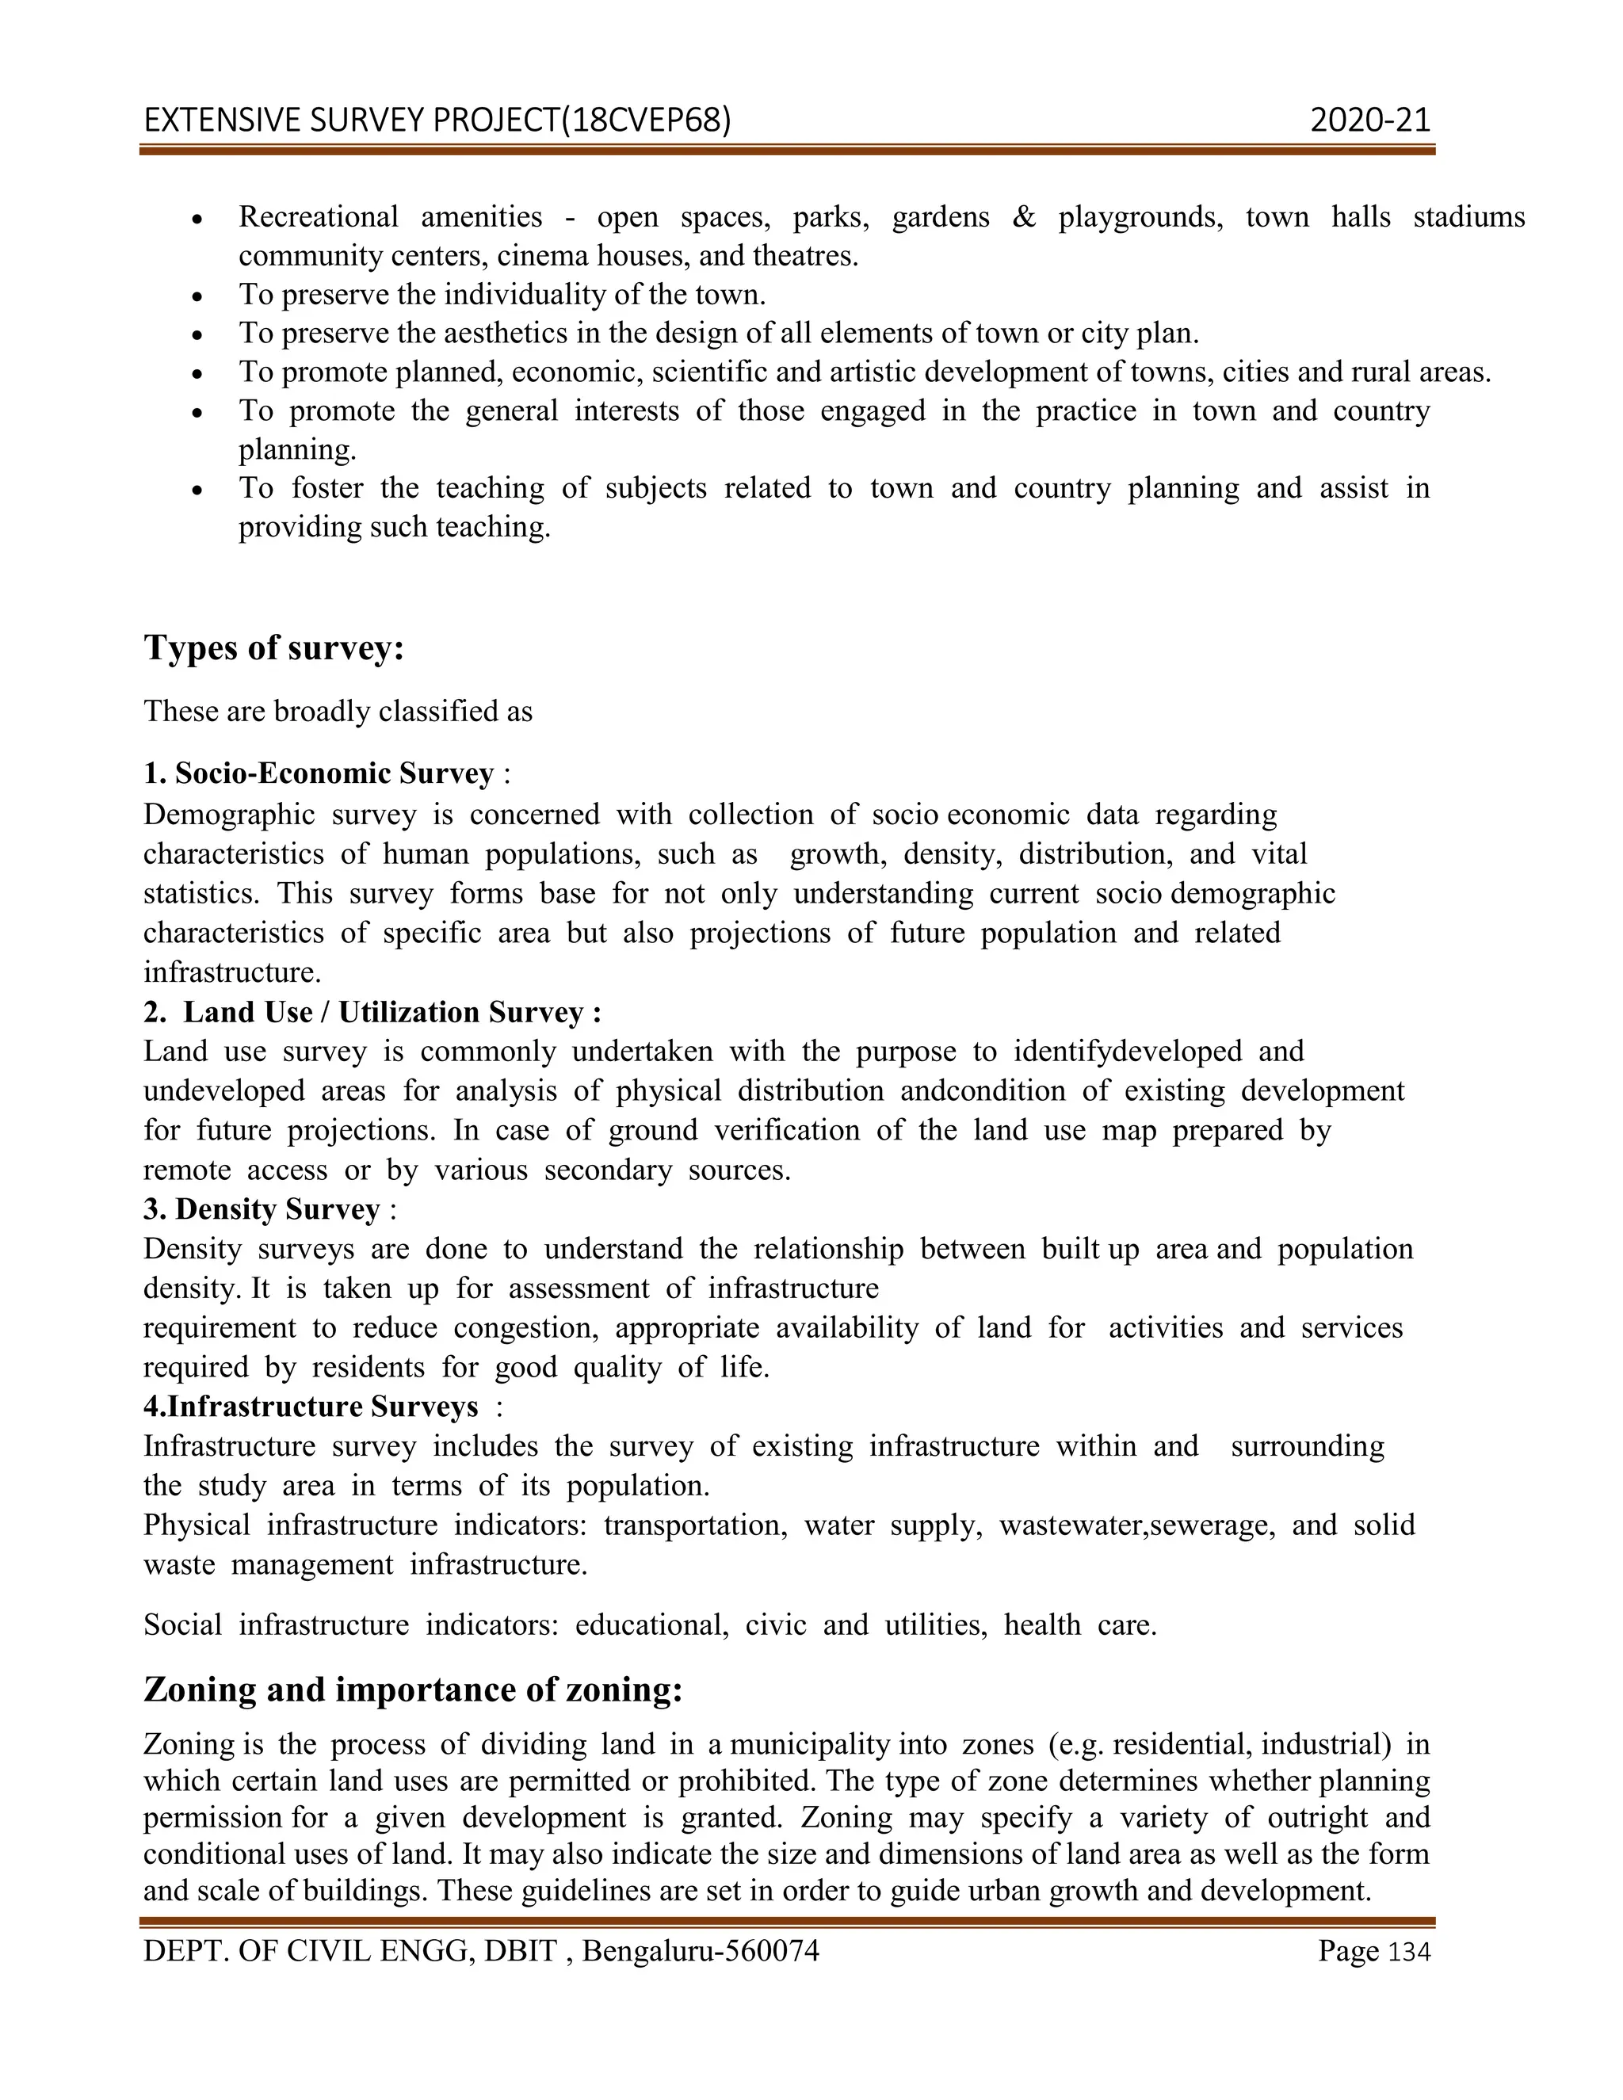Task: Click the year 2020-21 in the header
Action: coord(1370,120)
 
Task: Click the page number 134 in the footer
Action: coord(1411,1952)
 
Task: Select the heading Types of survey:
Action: coord(274,647)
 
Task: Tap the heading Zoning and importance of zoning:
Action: coord(412,1690)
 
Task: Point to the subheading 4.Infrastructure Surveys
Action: coord(311,1407)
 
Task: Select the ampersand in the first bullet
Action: coord(1024,217)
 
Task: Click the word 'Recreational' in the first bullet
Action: coord(319,217)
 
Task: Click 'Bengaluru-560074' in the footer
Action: coord(700,1951)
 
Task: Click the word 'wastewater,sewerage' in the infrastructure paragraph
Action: coord(1137,1525)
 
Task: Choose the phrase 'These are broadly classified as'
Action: coord(338,712)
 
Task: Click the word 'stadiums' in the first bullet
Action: coord(1468,217)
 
